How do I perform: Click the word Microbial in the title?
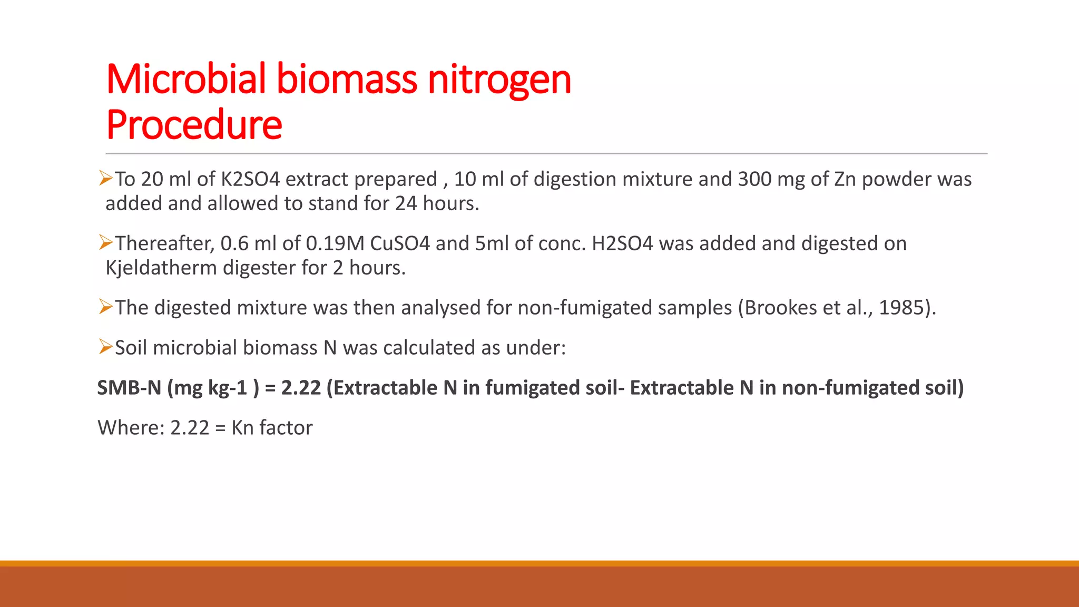click(186, 80)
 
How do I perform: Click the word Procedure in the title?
click(194, 125)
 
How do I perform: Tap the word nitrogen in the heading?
click(499, 80)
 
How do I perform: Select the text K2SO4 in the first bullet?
click(250, 180)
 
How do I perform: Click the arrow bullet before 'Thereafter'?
click(106, 243)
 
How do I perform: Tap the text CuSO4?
click(400, 244)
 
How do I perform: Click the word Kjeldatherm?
click(161, 268)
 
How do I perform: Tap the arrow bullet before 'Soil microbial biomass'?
click(106, 347)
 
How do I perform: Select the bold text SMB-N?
click(129, 388)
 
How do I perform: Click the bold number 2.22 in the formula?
click(301, 388)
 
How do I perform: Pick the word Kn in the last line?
click(242, 428)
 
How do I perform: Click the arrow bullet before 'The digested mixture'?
click(106, 307)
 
